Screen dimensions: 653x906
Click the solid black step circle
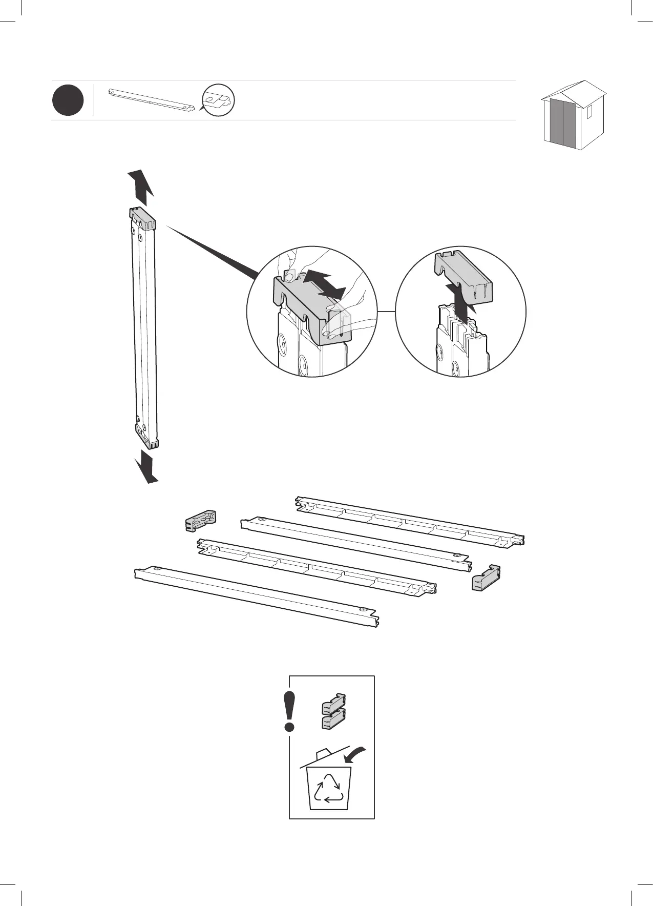(x=68, y=101)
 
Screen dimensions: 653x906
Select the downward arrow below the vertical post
(x=146, y=466)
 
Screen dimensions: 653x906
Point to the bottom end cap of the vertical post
(x=147, y=434)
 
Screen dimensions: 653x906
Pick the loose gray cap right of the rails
(x=485, y=578)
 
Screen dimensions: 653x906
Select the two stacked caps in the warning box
(x=333, y=711)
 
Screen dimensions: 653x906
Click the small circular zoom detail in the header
(x=218, y=100)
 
